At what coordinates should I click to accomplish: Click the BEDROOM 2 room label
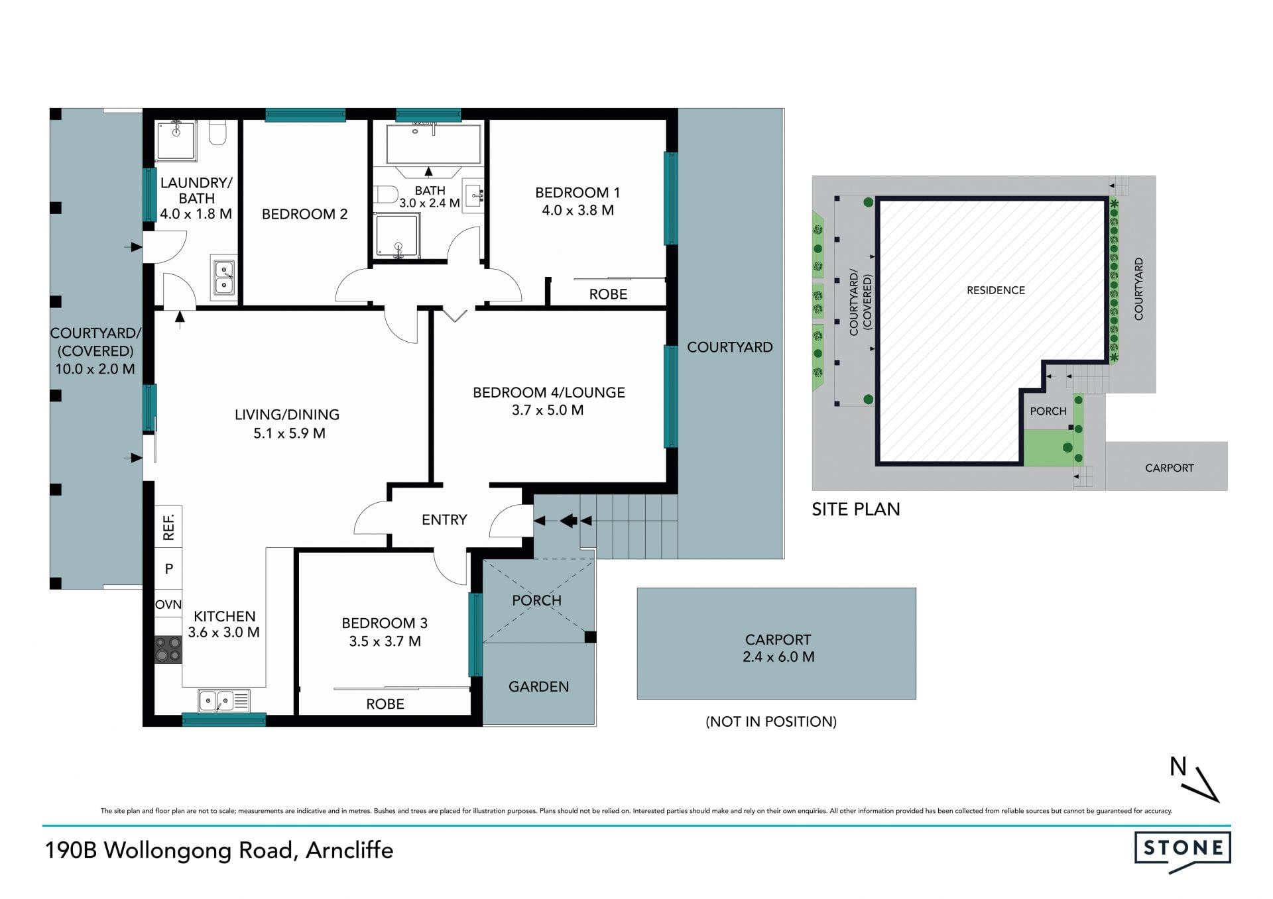click(x=304, y=214)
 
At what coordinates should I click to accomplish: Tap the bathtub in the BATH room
click(x=434, y=144)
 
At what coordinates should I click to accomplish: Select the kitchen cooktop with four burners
click(x=168, y=649)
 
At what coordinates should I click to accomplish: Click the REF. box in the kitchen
click(x=168, y=527)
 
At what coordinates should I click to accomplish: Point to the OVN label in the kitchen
click(x=168, y=604)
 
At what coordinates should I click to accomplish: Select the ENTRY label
click(x=444, y=520)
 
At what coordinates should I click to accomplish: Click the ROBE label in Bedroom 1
click(x=608, y=294)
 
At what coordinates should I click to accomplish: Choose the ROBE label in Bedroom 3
click(x=385, y=704)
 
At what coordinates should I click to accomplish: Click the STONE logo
click(x=1183, y=852)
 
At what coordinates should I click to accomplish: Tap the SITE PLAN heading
click(x=856, y=509)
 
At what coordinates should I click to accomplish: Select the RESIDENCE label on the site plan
click(x=996, y=290)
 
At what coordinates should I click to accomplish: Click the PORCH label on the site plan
click(x=1048, y=411)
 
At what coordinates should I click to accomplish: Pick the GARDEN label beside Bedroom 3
click(x=538, y=687)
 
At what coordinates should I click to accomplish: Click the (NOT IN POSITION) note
click(x=771, y=721)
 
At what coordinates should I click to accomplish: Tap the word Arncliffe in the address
click(x=349, y=850)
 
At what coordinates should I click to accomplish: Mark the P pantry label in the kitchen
click(x=169, y=568)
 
